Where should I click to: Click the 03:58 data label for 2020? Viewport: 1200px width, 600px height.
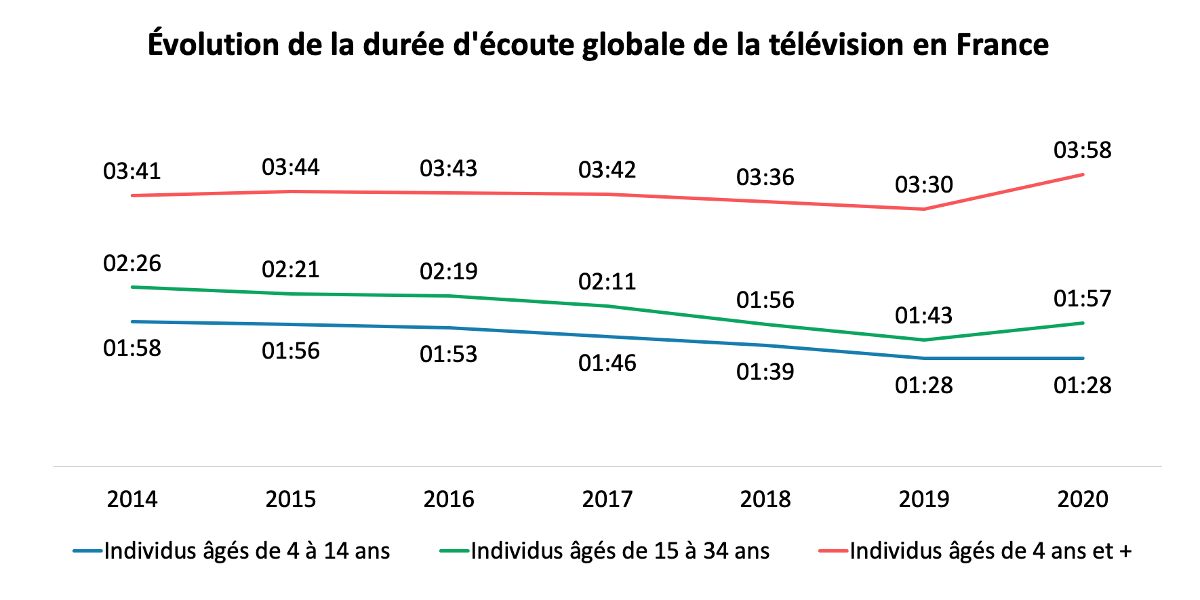(x=1082, y=150)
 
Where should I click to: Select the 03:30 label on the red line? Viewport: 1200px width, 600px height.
(x=923, y=184)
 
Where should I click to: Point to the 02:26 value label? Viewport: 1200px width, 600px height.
(x=132, y=263)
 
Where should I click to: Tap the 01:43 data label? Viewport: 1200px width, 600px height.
(x=923, y=315)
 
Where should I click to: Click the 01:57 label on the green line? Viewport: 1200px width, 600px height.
(x=1082, y=298)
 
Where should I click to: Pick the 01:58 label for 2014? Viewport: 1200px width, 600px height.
(x=132, y=348)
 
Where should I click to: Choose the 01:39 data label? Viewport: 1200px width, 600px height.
(x=765, y=372)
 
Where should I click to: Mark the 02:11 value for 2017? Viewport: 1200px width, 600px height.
(x=607, y=281)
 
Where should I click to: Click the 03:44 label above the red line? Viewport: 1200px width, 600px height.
(x=290, y=167)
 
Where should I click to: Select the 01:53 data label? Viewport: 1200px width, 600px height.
(x=448, y=354)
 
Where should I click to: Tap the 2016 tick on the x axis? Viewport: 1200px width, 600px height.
(x=448, y=499)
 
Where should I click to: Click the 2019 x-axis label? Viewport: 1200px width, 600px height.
(x=923, y=499)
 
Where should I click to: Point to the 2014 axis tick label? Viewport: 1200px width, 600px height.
(x=132, y=499)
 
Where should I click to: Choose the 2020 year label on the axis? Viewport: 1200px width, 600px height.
(x=1082, y=499)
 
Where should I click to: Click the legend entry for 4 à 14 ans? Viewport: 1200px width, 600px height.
(x=247, y=551)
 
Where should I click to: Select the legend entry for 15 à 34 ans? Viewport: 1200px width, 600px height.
(x=620, y=551)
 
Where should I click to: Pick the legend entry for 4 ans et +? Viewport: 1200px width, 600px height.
(x=990, y=551)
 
